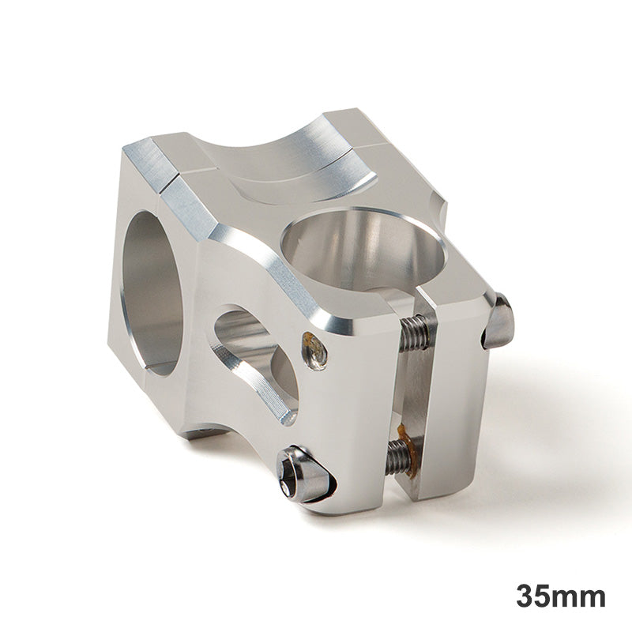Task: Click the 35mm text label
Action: pos(561,596)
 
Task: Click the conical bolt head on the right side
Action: pos(499,322)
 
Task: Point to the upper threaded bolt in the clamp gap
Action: pos(416,333)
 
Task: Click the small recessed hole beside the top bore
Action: pos(314,349)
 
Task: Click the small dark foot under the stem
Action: pos(201,432)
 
